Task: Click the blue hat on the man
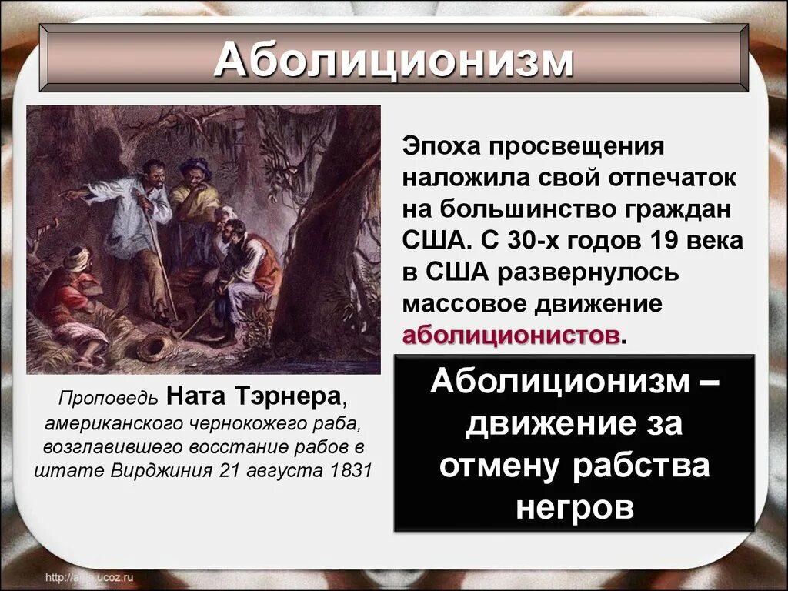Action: pyautogui.click(x=197, y=165)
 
